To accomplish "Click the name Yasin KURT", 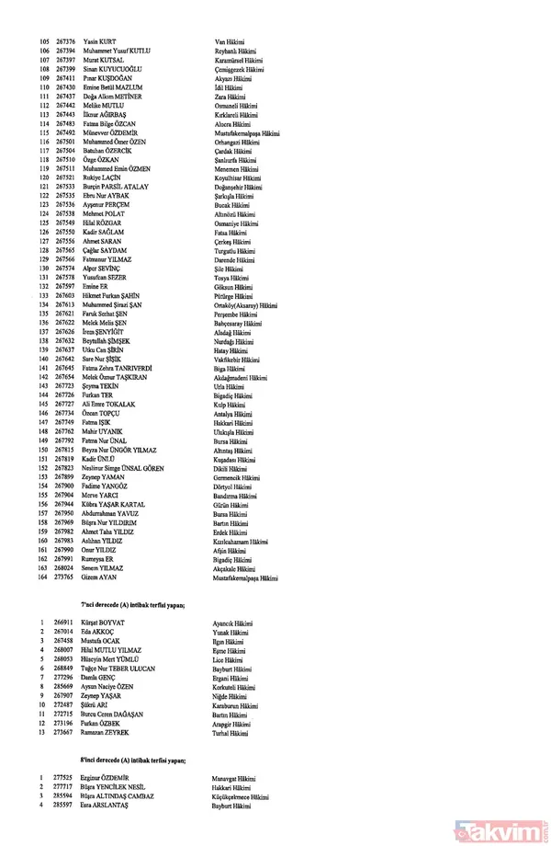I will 97,42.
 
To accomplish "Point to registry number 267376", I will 64,42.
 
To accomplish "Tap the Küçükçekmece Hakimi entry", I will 246,796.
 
